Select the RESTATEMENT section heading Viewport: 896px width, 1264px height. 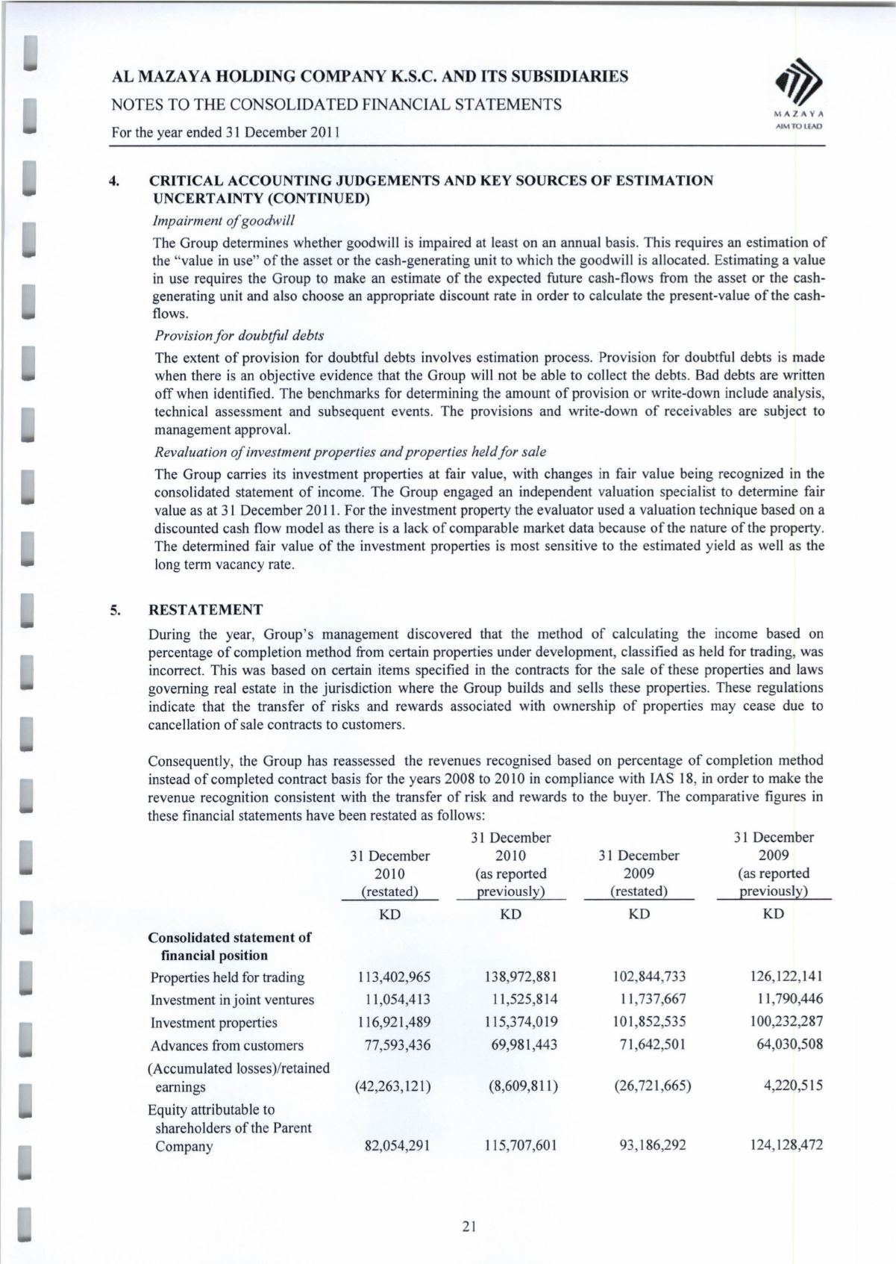(206, 610)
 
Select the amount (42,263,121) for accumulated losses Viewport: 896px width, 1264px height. (392, 1086)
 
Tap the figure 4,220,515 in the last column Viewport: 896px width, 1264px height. (792, 1086)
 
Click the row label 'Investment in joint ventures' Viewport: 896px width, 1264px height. (232, 1000)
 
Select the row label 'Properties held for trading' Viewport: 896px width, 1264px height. (228, 977)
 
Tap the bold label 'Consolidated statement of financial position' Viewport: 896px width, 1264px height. (230, 946)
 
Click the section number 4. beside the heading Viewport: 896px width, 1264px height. (115, 181)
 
